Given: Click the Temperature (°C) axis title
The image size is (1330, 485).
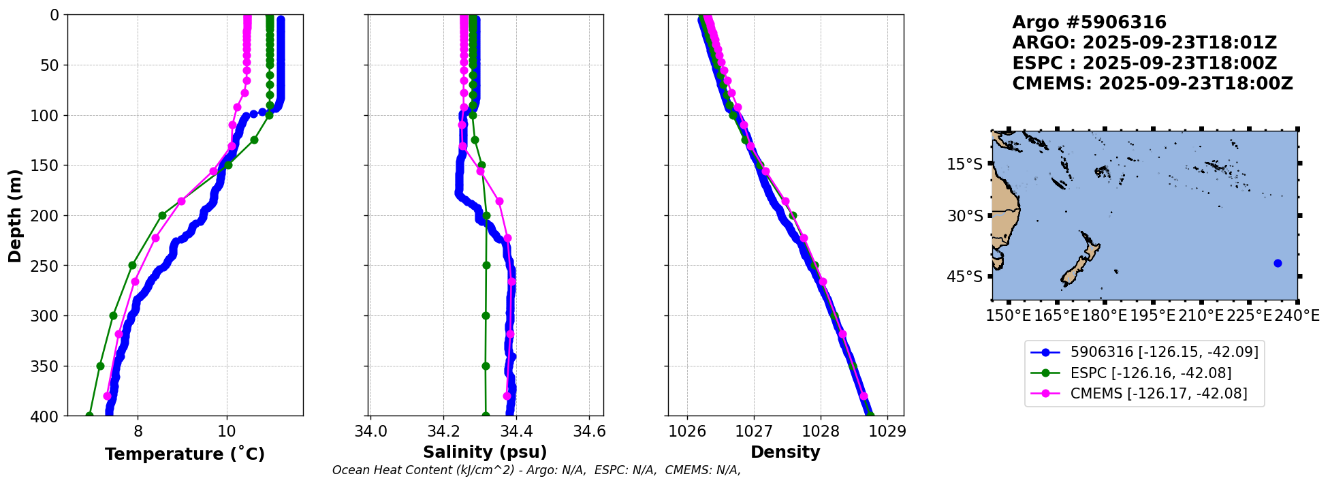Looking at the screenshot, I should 185,454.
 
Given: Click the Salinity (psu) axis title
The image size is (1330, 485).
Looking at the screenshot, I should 485,452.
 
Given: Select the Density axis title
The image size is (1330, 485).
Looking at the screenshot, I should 785,452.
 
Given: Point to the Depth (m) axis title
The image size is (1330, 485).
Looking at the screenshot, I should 14,215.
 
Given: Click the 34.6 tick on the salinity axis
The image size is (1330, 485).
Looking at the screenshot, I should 589,431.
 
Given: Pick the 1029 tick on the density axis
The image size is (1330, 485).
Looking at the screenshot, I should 887,431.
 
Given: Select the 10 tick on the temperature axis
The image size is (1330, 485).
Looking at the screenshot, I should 227,431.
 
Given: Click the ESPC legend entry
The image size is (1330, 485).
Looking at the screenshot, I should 1151,373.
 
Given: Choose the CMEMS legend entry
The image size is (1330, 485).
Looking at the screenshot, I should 1158,394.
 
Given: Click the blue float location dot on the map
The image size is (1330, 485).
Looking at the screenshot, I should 1278,263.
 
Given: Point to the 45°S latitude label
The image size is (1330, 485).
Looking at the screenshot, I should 965,277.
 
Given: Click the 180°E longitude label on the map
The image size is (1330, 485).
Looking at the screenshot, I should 1105,316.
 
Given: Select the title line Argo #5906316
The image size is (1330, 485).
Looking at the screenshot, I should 1089,23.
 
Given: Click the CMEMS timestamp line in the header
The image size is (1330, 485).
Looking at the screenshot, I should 1152,84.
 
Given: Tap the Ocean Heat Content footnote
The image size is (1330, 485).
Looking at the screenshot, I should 536,470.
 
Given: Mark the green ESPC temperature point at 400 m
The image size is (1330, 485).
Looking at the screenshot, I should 89,416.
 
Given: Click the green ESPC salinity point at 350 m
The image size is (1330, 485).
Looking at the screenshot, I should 486,366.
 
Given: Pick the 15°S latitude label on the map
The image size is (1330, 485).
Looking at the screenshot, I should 965,164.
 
